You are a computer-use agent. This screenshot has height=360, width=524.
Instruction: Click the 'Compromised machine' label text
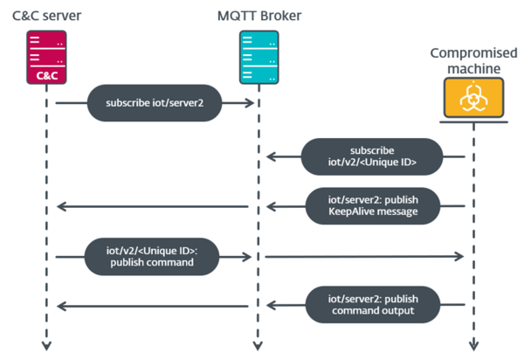point(472,62)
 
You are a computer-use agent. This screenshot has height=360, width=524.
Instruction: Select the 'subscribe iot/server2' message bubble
point(150,103)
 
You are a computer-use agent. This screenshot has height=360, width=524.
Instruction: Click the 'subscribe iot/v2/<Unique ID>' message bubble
point(371,156)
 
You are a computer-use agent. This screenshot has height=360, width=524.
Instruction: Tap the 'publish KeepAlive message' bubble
point(371,206)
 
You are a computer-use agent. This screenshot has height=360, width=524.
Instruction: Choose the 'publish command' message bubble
point(150,257)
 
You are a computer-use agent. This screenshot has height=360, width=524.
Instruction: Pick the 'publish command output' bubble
point(371,305)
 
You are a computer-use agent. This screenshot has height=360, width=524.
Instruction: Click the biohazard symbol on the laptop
point(472,96)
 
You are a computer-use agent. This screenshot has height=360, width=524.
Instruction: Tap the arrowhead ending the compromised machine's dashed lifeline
point(472,346)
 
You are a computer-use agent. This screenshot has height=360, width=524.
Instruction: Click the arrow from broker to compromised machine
point(362,257)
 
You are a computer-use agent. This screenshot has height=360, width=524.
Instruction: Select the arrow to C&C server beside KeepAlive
point(153,207)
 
